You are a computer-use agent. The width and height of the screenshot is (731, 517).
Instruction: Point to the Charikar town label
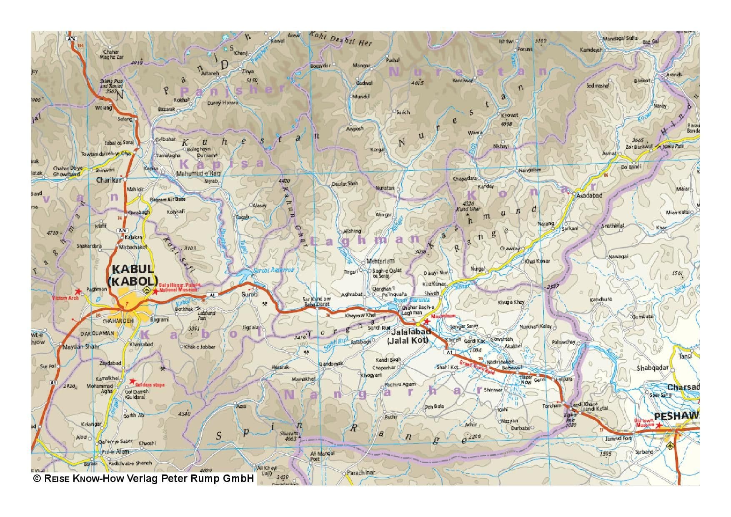coord(109,180)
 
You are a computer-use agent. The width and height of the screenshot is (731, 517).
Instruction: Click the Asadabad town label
coord(588,195)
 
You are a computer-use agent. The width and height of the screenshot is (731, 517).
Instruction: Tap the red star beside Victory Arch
coord(78,291)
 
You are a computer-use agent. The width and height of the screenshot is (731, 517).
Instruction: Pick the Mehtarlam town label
coord(380,261)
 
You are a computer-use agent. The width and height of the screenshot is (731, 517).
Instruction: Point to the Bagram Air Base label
coord(167,199)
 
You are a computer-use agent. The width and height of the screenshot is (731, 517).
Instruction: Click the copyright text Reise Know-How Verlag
coord(143,478)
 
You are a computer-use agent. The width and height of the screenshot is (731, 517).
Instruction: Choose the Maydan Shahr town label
coord(79,347)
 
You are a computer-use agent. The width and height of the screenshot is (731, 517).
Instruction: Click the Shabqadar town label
coord(652,368)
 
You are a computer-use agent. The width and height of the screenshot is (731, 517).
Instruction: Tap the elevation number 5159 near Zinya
coord(252,80)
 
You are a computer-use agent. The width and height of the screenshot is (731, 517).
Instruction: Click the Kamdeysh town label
coord(591,50)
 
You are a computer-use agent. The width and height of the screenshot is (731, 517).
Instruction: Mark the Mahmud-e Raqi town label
coord(199,173)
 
